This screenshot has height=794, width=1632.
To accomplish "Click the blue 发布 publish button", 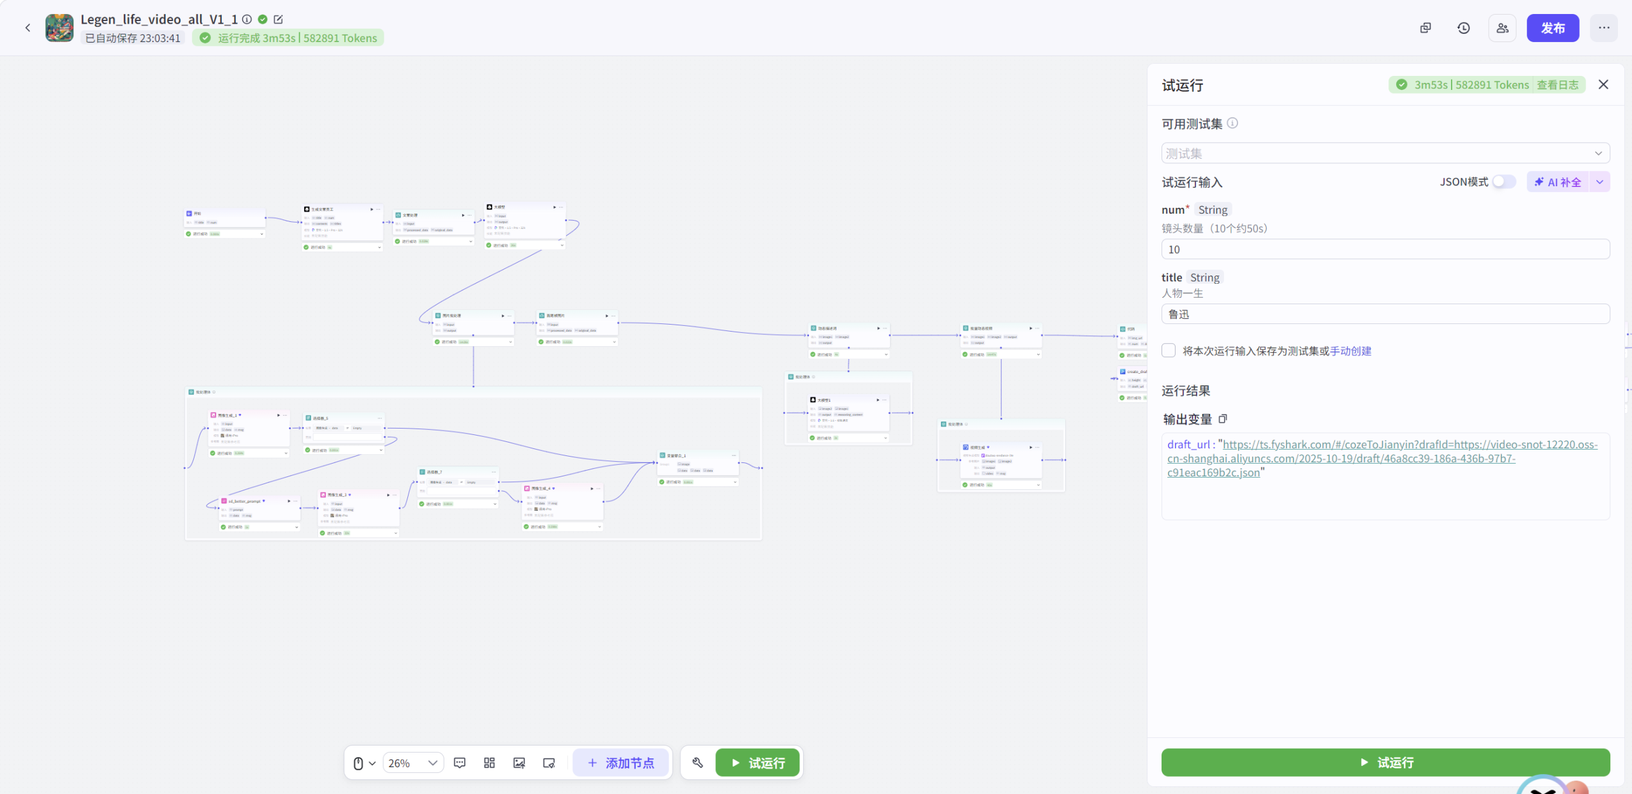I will (x=1552, y=28).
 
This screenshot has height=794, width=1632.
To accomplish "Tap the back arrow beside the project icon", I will (x=28, y=28).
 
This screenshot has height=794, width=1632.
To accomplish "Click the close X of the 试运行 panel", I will (x=1603, y=85).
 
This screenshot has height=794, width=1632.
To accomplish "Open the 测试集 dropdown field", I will (x=1385, y=154).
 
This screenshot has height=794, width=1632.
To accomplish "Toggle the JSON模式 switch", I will (x=1504, y=182).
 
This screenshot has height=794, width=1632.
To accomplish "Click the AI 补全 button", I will (x=1558, y=182).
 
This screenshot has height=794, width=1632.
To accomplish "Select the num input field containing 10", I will (x=1385, y=249).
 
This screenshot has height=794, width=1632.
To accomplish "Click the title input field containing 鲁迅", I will (x=1385, y=314).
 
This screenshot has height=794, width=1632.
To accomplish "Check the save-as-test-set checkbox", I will (x=1169, y=351).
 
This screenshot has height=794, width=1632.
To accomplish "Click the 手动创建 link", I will (x=1350, y=351).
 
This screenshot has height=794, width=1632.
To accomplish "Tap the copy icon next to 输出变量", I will (x=1223, y=419).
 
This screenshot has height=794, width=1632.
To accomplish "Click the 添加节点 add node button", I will (x=620, y=763).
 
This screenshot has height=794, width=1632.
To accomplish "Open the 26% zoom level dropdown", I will (x=413, y=763).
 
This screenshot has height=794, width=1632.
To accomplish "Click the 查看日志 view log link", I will (x=1557, y=85).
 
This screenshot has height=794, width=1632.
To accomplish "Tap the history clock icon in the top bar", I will (x=1464, y=28).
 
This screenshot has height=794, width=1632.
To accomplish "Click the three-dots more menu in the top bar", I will (x=1604, y=28).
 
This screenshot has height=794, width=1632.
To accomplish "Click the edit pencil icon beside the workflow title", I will (x=279, y=20).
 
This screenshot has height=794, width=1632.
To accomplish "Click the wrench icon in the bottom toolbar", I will (x=697, y=763).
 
